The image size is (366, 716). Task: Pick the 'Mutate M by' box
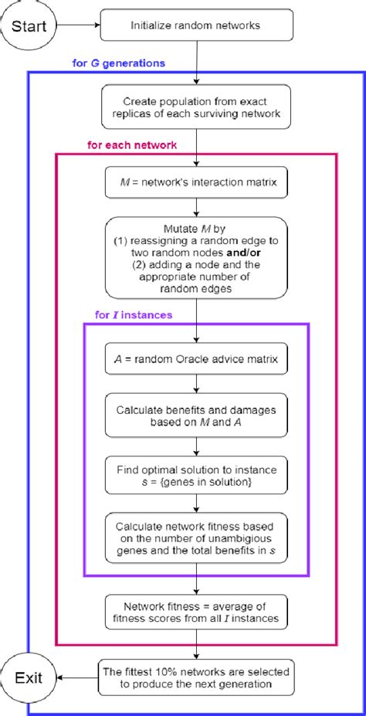click(197, 258)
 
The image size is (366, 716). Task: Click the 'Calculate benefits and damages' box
click(197, 415)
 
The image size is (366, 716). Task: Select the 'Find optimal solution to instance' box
click(197, 473)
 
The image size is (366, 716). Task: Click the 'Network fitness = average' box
click(197, 611)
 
